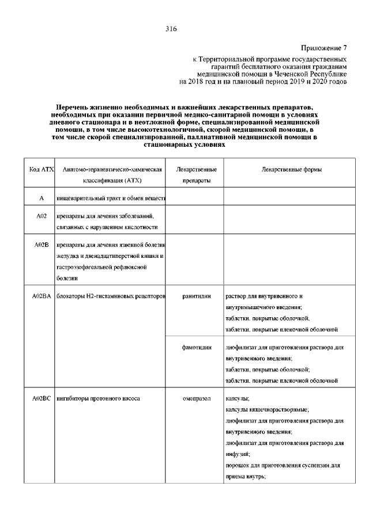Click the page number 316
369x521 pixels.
[171, 28]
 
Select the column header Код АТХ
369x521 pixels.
[41, 170]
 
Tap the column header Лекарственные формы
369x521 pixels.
[291, 170]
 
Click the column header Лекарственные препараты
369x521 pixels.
[196, 175]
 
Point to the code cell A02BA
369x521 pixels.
[42, 296]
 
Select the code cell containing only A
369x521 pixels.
[41, 199]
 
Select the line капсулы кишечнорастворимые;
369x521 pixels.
[267, 409]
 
